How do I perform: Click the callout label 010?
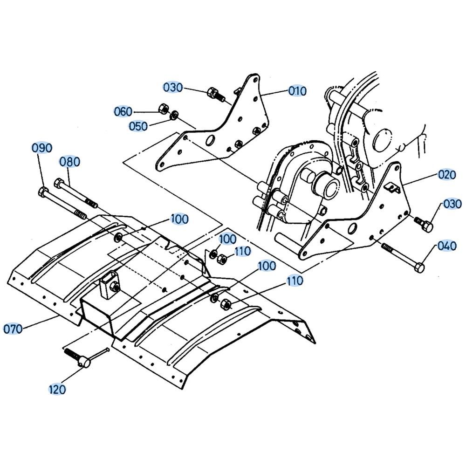297,91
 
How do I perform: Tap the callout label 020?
447,174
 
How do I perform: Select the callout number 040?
447,246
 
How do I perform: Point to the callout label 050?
138,126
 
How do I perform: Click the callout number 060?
123,112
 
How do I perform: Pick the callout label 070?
13,329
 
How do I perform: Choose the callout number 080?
70,162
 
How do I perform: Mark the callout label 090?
42,148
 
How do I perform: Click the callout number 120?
57,389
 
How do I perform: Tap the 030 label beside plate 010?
173,88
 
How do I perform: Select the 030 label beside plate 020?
452,204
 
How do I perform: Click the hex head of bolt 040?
419,267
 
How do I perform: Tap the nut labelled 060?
163,109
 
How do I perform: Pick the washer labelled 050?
174,115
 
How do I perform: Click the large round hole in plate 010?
211,140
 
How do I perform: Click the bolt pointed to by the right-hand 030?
424,224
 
